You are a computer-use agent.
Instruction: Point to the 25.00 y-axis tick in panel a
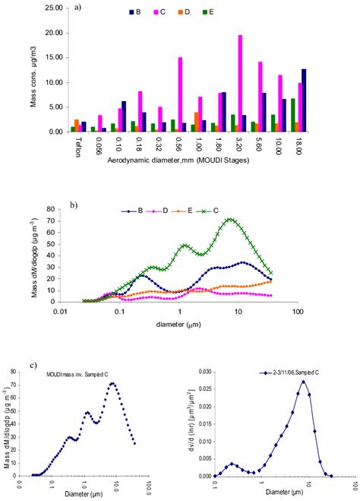pos(52,8)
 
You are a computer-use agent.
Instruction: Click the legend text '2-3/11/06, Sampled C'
pos(300,373)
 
